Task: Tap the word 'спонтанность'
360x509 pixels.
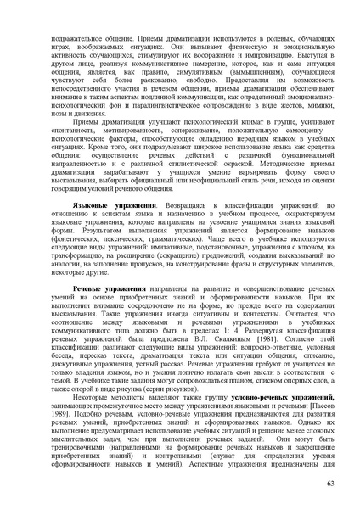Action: tap(75, 134)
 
